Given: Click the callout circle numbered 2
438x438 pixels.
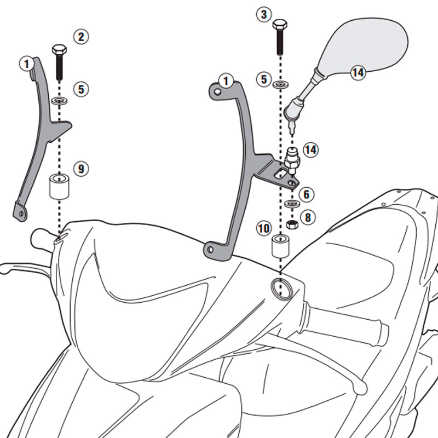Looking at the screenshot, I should point(80,37).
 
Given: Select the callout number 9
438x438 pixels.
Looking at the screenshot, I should point(81,169).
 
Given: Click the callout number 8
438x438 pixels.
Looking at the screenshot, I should point(308,217).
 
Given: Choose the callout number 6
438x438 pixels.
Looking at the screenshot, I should point(307,194).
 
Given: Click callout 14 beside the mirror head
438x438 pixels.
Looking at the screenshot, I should point(358,72).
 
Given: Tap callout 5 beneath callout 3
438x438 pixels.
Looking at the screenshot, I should point(264,80).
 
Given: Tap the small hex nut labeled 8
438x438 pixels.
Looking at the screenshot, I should point(292,224).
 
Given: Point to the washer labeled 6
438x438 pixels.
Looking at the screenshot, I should point(292,204).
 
